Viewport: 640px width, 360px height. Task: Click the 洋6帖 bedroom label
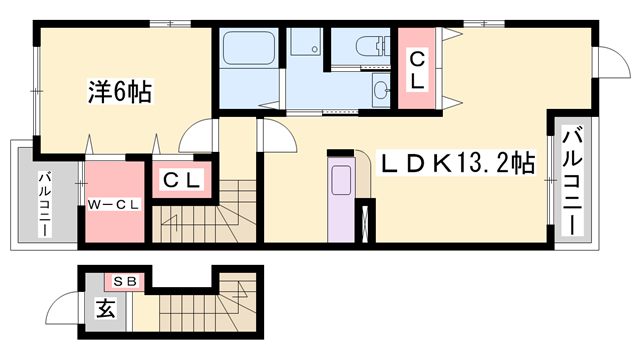pyautogui.click(x=120, y=92)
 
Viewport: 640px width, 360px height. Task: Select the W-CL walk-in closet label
pyautogui.click(x=114, y=204)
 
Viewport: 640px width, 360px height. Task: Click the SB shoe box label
pyautogui.click(x=124, y=281)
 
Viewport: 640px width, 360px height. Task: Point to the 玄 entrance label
pyautogui.click(x=105, y=308)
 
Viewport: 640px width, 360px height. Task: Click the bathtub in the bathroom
pyautogui.click(x=248, y=48)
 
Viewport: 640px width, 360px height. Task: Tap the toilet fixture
pyautogui.click(x=373, y=46)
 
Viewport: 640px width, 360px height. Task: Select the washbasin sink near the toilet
pyautogui.click(x=382, y=90)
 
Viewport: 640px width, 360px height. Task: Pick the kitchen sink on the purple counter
pyautogui.click(x=341, y=180)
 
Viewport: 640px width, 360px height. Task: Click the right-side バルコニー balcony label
pyautogui.click(x=572, y=180)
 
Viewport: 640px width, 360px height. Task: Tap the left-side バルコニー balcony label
pyautogui.click(x=45, y=204)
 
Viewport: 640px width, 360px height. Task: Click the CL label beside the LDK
pyautogui.click(x=417, y=71)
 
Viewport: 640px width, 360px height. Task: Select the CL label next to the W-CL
pyautogui.click(x=182, y=180)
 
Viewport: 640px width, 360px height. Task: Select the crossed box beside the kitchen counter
pyautogui.click(x=365, y=222)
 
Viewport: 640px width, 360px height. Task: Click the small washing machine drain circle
pyautogui.click(x=315, y=49)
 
